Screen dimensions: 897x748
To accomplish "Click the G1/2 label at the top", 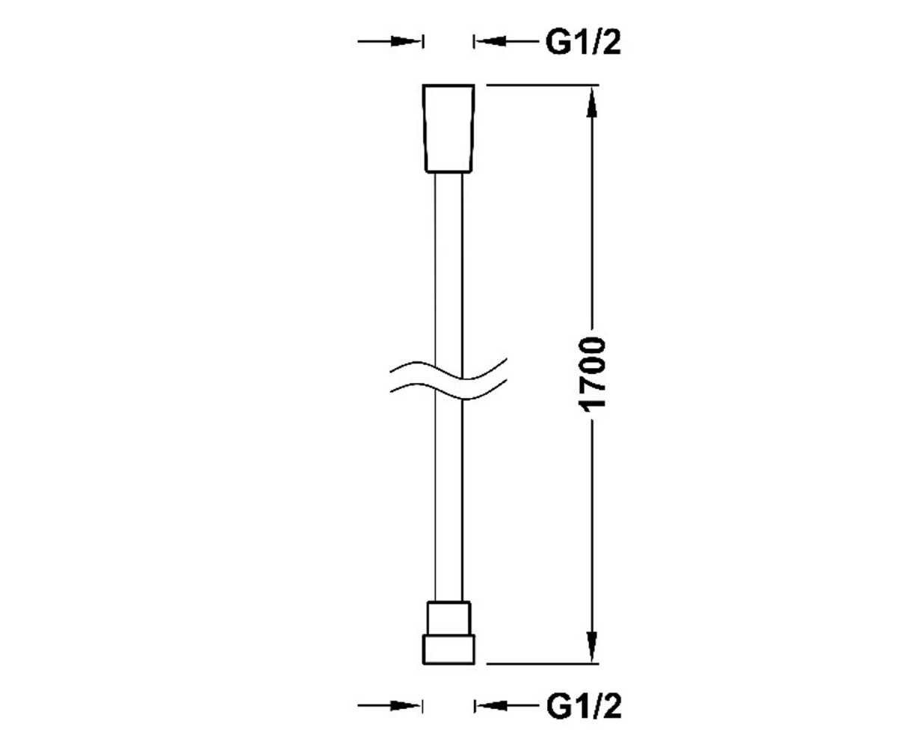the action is click(583, 43).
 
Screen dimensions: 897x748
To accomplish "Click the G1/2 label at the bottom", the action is click(584, 707).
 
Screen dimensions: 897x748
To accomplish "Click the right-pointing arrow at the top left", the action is click(389, 42).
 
